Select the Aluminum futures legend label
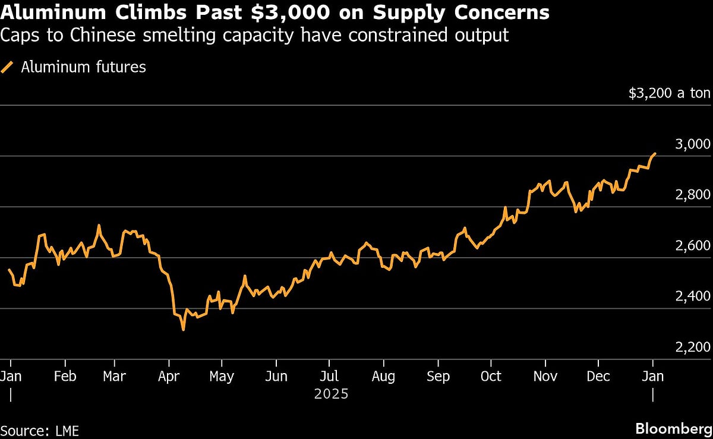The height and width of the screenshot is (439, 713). point(83,67)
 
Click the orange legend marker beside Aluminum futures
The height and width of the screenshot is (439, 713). point(8,67)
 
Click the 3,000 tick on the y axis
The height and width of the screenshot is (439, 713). point(693,144)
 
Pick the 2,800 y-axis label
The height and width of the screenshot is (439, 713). point(693,195)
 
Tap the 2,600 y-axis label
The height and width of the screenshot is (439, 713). point(693,246)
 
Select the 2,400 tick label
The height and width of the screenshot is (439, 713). point(693,297)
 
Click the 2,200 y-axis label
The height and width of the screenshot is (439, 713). point(693,348)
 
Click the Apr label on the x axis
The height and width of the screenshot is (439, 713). point(169,376)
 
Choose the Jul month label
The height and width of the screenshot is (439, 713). point(329,376)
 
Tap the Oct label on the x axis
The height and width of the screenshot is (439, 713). point(491,376)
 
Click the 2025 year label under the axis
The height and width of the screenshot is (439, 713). point(331,394)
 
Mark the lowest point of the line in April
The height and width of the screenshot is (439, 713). point(183,329)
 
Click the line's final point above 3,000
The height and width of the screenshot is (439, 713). point(655,153)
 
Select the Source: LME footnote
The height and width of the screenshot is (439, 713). point(39,429)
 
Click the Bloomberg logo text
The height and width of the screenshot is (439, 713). point(673,429)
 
